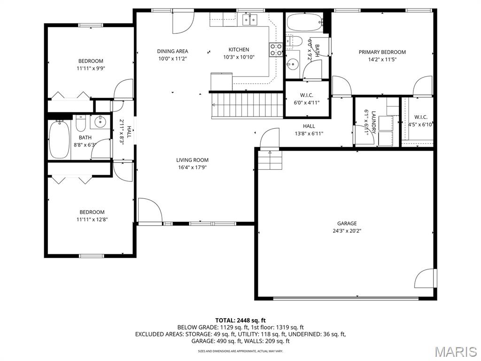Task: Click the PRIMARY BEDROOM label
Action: pyautogui.click(x=382, y=52)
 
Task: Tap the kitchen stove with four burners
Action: pyautogui.click(x=276, y=50)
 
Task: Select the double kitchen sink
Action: pyautogui.click(x=251, y=19)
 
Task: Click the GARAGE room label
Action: pyautogui.click(x=347, y=223)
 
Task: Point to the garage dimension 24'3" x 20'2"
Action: pyautogui.click(x=347, y=231)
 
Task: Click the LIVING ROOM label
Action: pyautogui.click(x=192, y=160)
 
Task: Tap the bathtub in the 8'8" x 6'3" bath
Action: pyautogui.click(x=59, y=140)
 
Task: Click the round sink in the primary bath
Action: pyautogui.click(x=292, y=64)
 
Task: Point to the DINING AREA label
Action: pyautogui.click(x=172, y=51)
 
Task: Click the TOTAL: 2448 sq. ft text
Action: pyautogui.click(x=240, y=321)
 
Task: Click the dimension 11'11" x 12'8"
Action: pyautogui.click(x=92, y=220)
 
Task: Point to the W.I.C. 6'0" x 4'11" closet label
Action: pyautogui.click(x=306, y=99)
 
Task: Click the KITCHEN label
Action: pyautogui.click(x=239, y=49)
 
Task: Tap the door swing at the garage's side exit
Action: pyautogui.click(x=425, y=279)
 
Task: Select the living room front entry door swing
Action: pyautogui.click(x=150, y=210)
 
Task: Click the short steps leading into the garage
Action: pyautogui.click(x=270, y=160)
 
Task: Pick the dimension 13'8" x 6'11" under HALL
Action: pyautogui.click(x=309, y=133)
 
